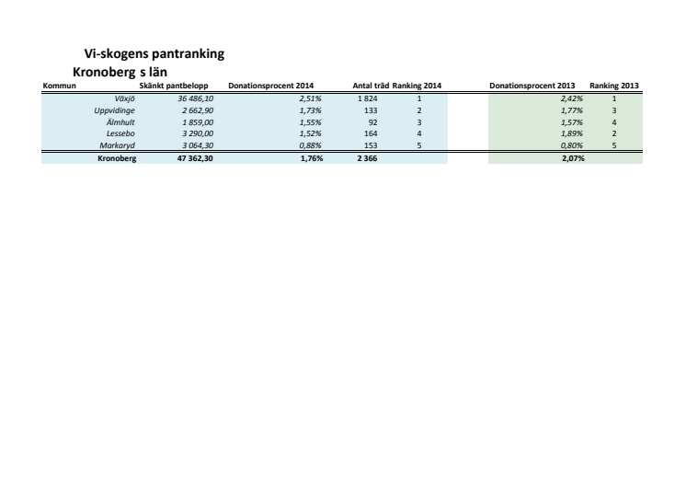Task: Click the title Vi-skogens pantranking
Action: (x=154, y=57)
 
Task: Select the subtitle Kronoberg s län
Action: (x=125, y=72)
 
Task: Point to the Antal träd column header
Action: (x=371, y=87)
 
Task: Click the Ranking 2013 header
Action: (x=614, y=87)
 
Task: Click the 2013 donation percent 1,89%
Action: (x=572, y=133)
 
